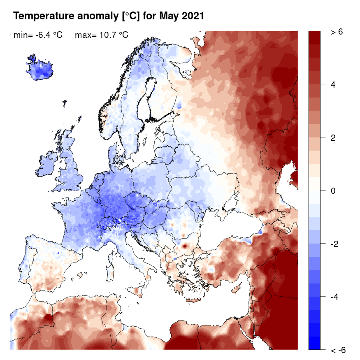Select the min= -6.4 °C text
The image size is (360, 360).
coord(38,35)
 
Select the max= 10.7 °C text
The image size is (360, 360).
coord(102,35)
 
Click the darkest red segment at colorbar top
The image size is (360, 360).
coord(315,37)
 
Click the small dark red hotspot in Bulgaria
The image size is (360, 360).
coord(185,246)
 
